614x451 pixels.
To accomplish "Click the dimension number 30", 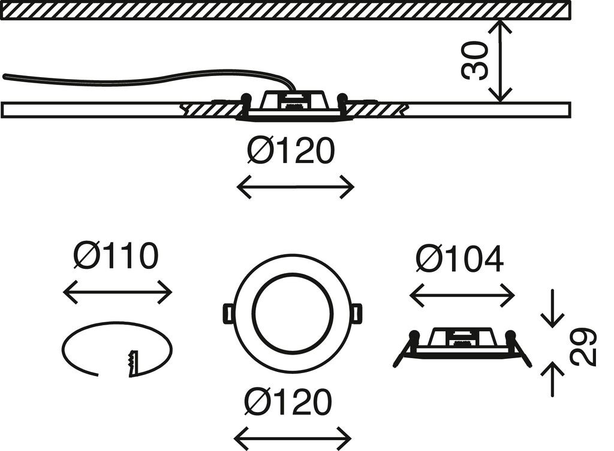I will (475, 60).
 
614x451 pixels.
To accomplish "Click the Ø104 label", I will (460, 259).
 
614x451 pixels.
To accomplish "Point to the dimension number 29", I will (583, 346).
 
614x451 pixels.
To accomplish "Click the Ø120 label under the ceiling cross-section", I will (291, 151).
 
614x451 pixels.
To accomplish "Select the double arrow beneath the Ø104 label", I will (462, 295).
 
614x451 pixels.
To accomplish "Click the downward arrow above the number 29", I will (552, 309).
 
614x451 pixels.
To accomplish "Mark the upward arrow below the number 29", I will (552, 379).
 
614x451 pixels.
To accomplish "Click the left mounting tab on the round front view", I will (228, 313).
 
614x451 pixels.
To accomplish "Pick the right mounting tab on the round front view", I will (357, 313).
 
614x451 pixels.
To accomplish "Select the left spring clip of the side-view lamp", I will (404, 349).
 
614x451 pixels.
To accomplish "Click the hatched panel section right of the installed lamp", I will (377, 109).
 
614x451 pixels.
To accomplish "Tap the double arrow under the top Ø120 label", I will (296, 187).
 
